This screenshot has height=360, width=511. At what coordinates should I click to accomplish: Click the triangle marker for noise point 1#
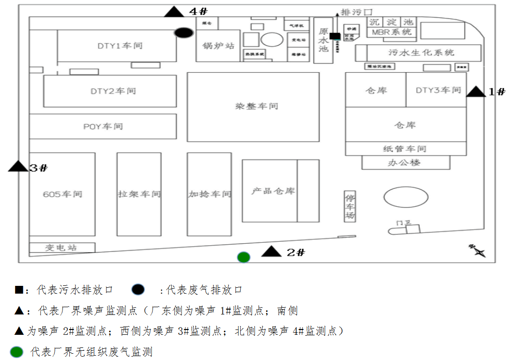[x=476, y=92]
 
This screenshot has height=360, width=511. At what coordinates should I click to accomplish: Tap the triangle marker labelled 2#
[x=271, y=251]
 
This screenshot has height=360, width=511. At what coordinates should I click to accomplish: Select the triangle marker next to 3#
[x=18, y=166]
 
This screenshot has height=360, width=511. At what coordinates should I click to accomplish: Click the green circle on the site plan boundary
[x=244, y=257]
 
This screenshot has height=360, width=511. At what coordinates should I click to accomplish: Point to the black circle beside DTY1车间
[x=184, y=33]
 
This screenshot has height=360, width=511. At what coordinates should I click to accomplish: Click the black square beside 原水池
[x=334, y=36]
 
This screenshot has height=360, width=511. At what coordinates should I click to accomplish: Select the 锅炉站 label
[x=218, y=46]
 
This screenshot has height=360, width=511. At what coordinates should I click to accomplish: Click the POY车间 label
[x=103, y=126]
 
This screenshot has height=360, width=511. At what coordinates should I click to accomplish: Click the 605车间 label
[x=62, y=194]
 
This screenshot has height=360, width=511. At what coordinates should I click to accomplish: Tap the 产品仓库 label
[x=273, y=191]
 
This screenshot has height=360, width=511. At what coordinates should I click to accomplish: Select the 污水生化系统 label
[x=421, y=52]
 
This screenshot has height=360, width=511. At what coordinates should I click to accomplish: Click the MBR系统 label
[x=391, y=32]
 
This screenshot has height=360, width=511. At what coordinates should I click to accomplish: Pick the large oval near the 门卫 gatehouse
[x=406, y=197]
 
